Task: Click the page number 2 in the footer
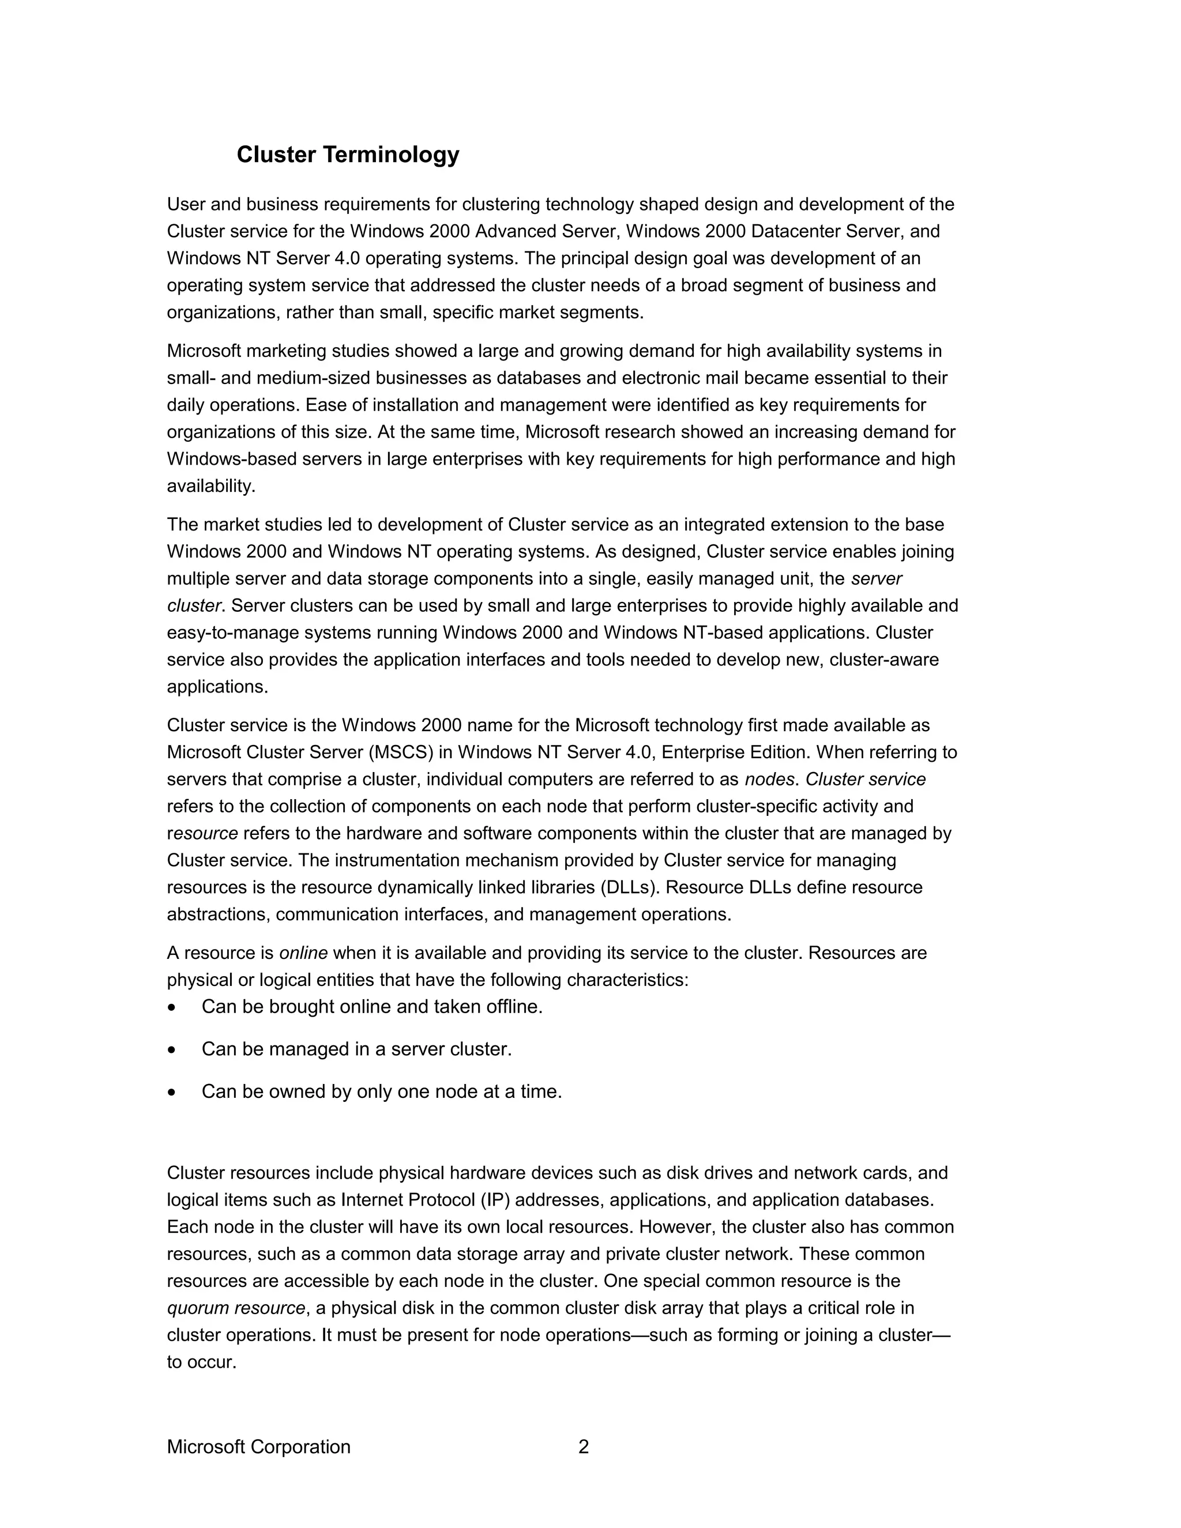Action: click(x=584, y=1446)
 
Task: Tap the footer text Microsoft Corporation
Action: click(x=258, y=1446)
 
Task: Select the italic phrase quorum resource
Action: click(x=236, y=1308)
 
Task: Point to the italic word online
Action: click(x=304, y=953)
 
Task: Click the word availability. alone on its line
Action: click(x=211, y=486)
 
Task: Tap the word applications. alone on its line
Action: click(x=217, y=687)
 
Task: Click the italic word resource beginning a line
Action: click(x=202, y=833)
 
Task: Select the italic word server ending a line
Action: click(x=876, y=578)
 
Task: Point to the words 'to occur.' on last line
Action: click(x=201, y=1362)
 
